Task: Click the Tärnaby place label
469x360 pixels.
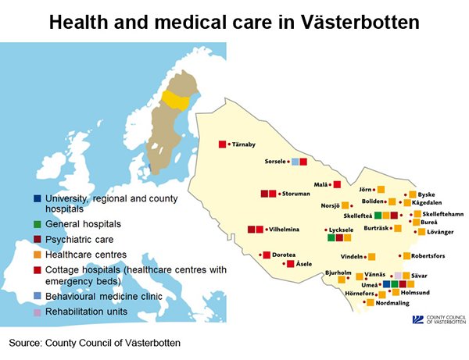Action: coord(244,144)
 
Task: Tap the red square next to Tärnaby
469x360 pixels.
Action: coord(222,144)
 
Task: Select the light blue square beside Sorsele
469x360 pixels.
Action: coord(295,162)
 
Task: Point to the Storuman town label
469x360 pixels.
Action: coord(295,194)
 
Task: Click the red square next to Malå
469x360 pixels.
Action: coord(337,184)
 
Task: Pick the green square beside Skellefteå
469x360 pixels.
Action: coord(378,215)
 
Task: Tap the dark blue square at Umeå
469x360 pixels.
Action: coord(386,283)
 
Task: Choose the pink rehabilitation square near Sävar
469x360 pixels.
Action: coord(398,276)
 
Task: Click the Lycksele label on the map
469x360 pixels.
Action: coord(341,230)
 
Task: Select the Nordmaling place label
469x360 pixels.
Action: coord(392,303)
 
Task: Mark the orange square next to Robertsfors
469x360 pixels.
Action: coord(406,255)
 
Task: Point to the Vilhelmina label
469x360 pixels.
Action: coord(285,230)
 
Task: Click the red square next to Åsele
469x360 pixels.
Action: coord(291,264)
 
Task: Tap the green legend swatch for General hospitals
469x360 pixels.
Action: coord(37,224)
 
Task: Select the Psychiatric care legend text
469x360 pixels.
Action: coord(79,239)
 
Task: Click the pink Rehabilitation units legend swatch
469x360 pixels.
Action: coord(37,312)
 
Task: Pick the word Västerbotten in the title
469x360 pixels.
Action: coord(360,22)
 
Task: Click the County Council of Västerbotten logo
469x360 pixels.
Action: coord(439,319)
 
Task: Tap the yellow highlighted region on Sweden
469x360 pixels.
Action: coord(176,100)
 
